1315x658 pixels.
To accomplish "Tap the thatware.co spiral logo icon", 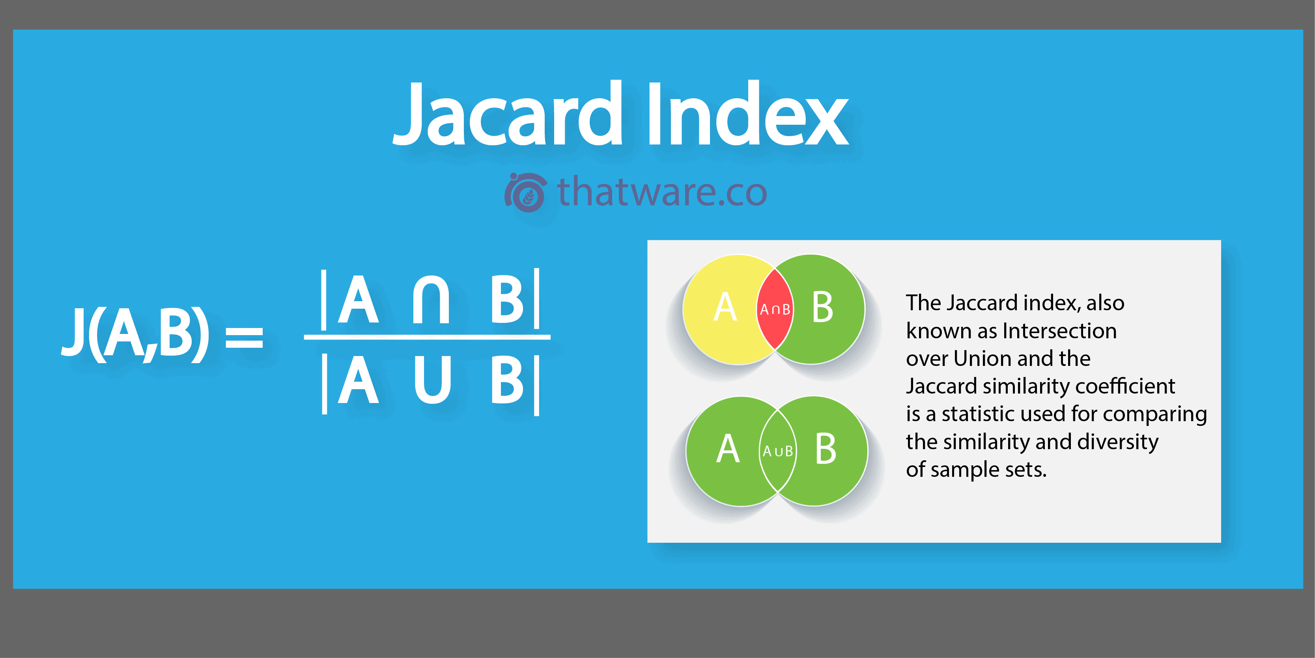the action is pyautogui.click(x=526, y=192).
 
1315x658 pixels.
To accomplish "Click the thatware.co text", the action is pyautogui.click(x=662, y=191).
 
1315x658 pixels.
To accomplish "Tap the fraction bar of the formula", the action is pyautogui.click(x=427, y=337).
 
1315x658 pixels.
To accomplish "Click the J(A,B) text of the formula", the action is pyautogui.click(x=135, y=334).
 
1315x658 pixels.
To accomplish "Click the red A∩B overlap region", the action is pyautogui.click(x=775, y=309).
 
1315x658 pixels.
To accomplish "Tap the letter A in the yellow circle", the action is pyautogui.click(x=725, y=307).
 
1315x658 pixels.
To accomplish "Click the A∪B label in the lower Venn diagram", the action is pyautogui.click(x=777, y=451).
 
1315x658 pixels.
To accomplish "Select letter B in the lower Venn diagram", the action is pyautogui.click(x=826, y=449).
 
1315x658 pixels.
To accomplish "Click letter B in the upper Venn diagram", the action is pyautogui.click(x=822, y=307).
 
